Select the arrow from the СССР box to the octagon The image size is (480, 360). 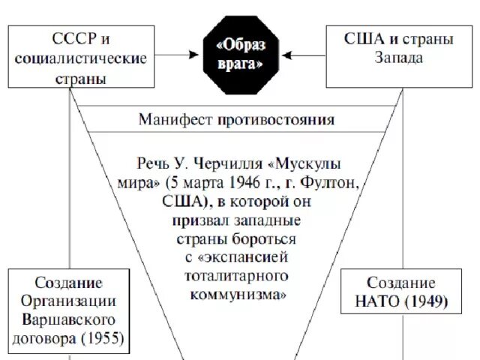[x=179, y=54]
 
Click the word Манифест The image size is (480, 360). [x=175, y=120]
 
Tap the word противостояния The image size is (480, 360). [x=277, y=120]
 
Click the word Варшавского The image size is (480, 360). [x=68, y=320]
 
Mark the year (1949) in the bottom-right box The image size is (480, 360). [x=424, y=302]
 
